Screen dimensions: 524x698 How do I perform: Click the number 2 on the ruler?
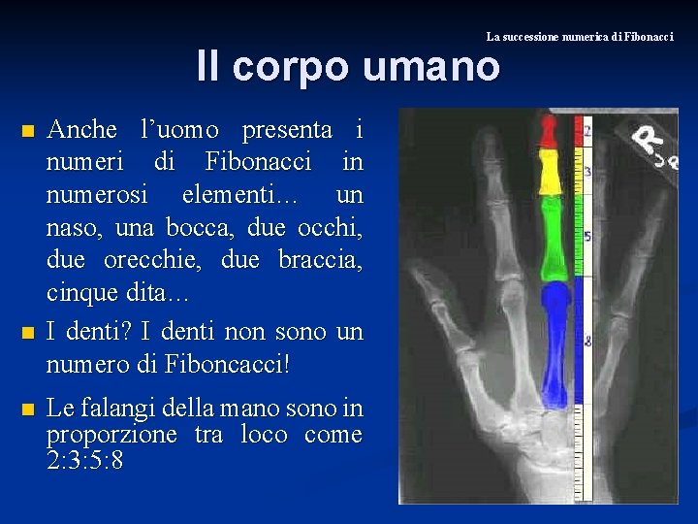[x=587, y=130]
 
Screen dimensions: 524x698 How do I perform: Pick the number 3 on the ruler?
[x=587, y=172]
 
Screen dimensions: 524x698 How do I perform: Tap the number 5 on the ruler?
[x=588, y=236]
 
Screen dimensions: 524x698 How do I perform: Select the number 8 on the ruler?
[x=588, y=341]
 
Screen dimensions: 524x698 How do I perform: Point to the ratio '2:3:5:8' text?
[x=85, y=459]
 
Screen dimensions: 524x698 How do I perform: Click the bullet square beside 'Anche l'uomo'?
[x=28, y=130]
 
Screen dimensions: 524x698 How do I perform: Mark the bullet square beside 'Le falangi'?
[x=28, y=408]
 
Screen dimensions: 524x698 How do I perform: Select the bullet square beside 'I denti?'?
[x=28, y=333]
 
